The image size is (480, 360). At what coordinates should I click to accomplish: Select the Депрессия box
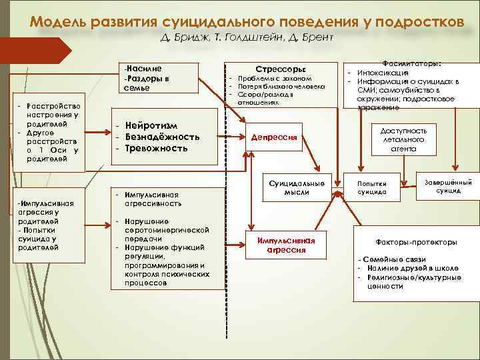click(x=273, y=137)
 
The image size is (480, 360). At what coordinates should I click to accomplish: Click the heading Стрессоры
click(x=281, y=68)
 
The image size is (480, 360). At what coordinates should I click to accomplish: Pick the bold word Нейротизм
click(x=153, y=125)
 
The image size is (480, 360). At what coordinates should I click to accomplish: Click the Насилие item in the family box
click(x=143, y=68)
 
